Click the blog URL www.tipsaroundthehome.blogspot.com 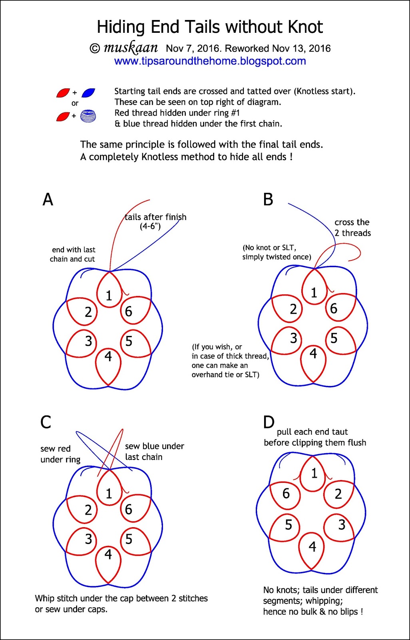coord(210,61)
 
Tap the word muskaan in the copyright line coord(131,48)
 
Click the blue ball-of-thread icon coord(88,116)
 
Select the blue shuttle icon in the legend coord(88,93)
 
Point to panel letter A coord(48,199)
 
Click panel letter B coord(268,199)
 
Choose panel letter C coord(46,422)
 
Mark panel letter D coord(269,422)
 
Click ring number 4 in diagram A coord(108,356)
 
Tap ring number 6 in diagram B coord(333,308)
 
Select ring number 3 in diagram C coord(88,539)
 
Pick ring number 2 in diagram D coord(338,494)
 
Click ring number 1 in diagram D coord(314,474)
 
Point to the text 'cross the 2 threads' coord(352,228)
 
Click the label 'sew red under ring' coord(60,454)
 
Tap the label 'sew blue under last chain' coord(154,451)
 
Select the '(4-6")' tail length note coord(150,226)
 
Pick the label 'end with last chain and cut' coord(73,254)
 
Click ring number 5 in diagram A coord(129,341)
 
